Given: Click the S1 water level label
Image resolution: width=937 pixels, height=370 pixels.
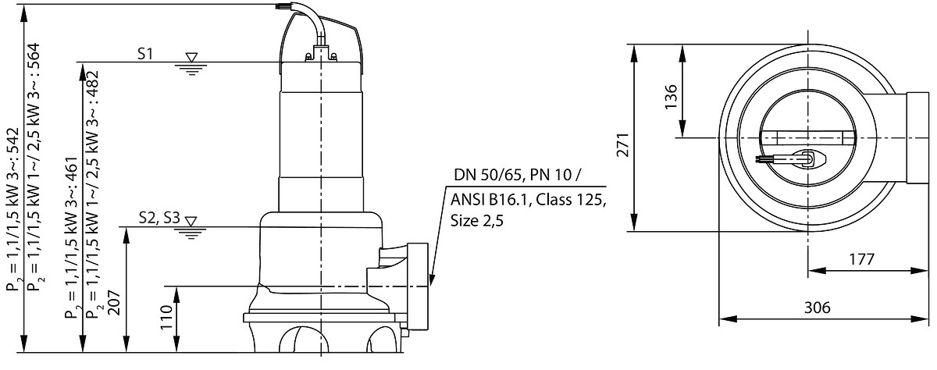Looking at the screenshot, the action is pyautogui.click(x=145, y=54).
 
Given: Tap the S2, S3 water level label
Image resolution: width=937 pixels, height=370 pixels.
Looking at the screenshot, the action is pyautogui.click(x=159, y=218).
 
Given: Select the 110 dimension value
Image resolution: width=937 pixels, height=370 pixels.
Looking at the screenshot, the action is pyautogui.click(x=166, y=318).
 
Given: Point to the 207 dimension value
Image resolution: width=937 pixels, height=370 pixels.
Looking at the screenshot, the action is pyautogui.click(x=114, y=303).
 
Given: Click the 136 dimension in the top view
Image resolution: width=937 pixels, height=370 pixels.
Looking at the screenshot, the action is pyautogui.click(x=671, y=97).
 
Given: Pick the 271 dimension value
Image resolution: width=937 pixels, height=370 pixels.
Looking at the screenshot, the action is pyautogui.click(x=623, y=144).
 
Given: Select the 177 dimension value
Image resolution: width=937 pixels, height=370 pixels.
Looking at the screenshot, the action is pyautogui.click(x=862, y=260).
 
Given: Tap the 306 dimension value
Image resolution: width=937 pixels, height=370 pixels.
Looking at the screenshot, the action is pyautogui.click(x=817, y=308).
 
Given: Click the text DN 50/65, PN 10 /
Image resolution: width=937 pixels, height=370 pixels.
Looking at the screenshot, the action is pyautogui.click(x=518, y=175).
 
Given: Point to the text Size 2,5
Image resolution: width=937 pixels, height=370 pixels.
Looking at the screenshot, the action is pyautogui.click(x=477, y=220).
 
